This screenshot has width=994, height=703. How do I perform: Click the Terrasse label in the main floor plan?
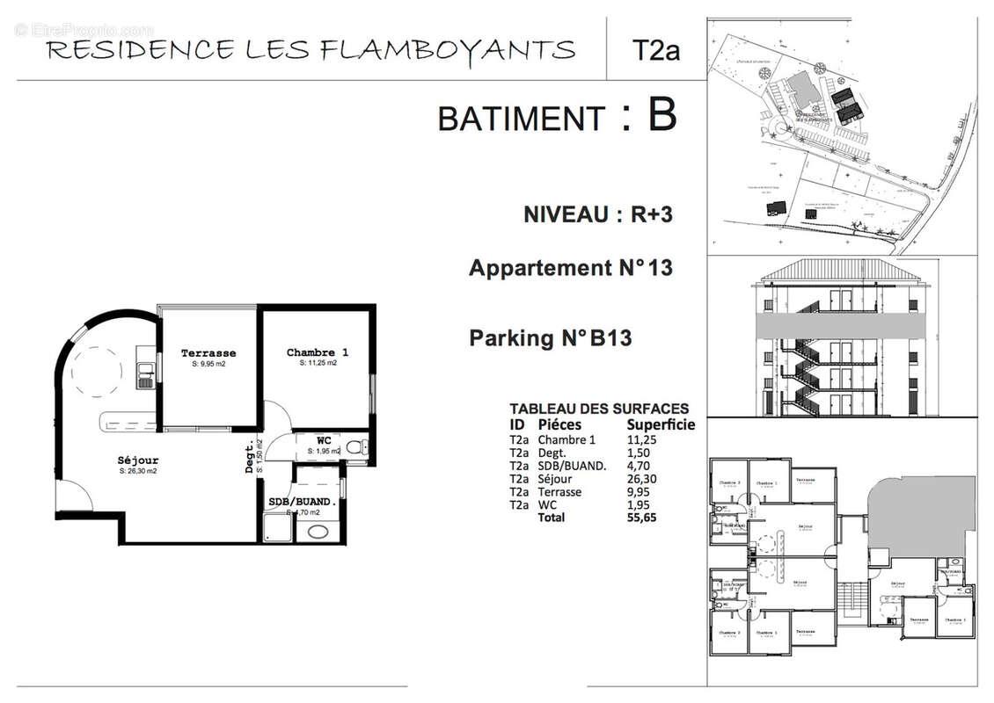point(208,353)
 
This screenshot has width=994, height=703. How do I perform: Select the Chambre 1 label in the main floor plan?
point(318,352)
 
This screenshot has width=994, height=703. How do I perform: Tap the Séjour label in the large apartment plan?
point(138,460)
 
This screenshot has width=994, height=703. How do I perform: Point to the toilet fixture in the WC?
point(355,448)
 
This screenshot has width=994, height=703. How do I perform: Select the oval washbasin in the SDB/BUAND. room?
point(316,531)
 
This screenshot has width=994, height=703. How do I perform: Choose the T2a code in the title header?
point(655,50)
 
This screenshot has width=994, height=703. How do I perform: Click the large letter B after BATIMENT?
point(661,115)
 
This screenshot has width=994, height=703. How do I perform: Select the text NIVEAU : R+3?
point(597,214)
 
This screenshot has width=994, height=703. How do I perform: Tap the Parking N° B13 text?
point(550,337)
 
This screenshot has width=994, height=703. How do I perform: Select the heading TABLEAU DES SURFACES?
point(599,409)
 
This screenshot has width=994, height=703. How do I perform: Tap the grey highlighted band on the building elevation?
point(842,325)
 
